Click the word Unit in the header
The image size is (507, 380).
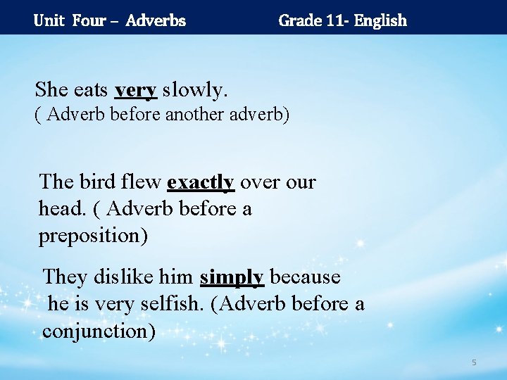[49, 20]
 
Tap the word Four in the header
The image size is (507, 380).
[89, 20]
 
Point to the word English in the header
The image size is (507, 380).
[380, 20]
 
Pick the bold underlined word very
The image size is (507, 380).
[136, 90]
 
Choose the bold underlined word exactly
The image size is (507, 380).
[201, 182]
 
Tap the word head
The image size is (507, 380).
[62, 209]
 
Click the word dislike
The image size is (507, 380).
[123, 277]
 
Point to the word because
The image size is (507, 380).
[305, 277]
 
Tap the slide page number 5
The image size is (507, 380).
[474, 362]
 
